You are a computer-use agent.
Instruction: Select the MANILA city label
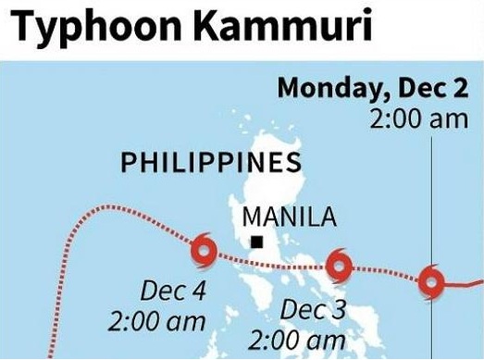[x=276, y=218]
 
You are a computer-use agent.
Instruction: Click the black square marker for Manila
[x=257, y=242]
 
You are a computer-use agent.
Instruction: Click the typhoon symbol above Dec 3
[x=340, y=269]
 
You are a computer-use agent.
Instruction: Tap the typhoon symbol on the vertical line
[x=431, y=279]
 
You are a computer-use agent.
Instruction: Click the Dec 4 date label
[x=173, y=291]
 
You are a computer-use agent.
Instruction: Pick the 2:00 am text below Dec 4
[x=156, y=323]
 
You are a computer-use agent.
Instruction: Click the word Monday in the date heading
[x=326, y=89]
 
